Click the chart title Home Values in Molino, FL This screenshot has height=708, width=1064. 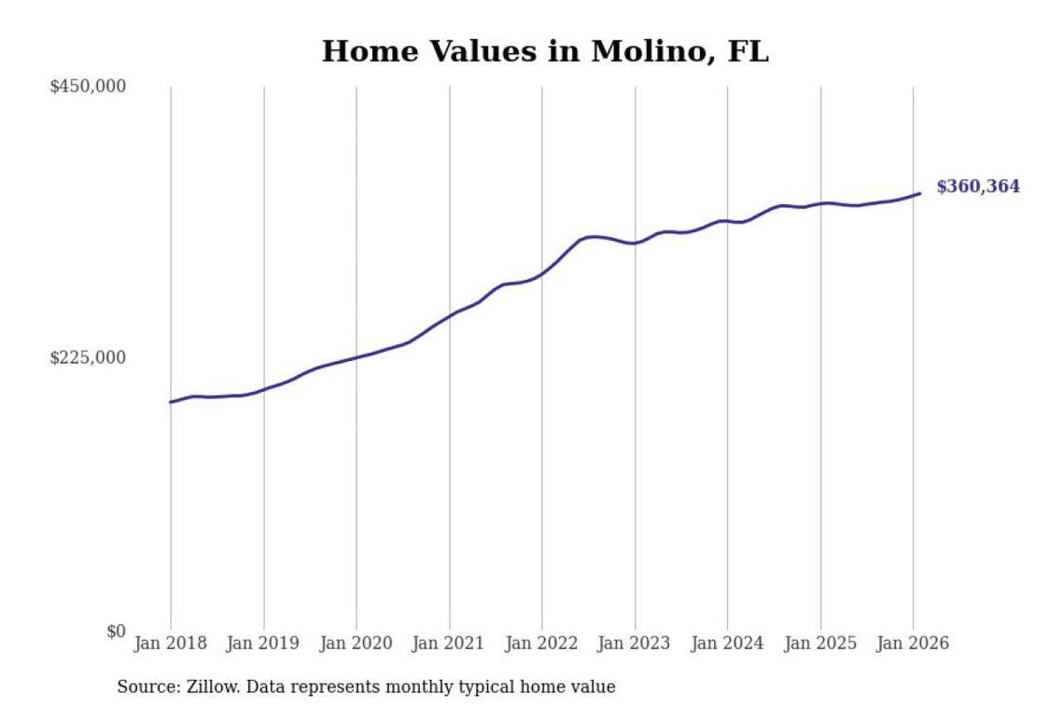(x=545, y=52)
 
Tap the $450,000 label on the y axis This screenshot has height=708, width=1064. (x=88, y=87)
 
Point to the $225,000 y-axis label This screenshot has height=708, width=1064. (x=88, y=358)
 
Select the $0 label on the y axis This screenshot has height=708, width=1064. (x=115, y=632)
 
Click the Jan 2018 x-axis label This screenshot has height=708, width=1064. (x=171, y=644)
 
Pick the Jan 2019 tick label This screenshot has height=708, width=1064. (x=264, y=644)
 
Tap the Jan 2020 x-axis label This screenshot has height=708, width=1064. (x=357, y=644)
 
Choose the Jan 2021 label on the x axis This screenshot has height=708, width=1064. (x=450, y=644)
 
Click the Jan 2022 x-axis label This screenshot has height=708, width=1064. (x=542, y=644)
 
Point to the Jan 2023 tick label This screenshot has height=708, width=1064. (x=636, y=644)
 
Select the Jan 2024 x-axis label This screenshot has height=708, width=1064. (x=728, y=644)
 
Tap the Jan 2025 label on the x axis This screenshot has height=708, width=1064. (x=821, y=644)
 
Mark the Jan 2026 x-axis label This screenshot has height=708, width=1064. (x=914, y=644)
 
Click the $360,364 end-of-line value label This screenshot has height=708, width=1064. (x=978, y=187)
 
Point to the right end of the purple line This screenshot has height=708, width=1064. (x=920, y=193)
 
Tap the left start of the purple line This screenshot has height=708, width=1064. (x=170, y=402)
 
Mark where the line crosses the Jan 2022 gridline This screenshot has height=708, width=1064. (x=542, y=273)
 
